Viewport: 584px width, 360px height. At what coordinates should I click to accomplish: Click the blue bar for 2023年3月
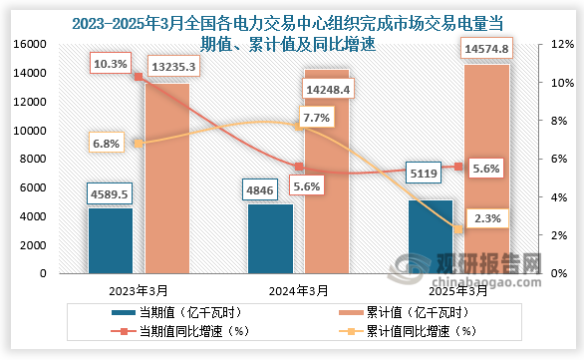tap(111, 240)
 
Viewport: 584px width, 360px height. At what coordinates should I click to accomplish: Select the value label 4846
tap(270, 186)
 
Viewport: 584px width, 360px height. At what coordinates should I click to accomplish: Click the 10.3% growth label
tap(109, 64)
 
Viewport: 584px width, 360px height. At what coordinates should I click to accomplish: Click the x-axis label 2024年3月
tap(298, 291)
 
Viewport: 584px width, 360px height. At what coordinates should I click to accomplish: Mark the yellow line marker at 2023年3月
tap(139, 144)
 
